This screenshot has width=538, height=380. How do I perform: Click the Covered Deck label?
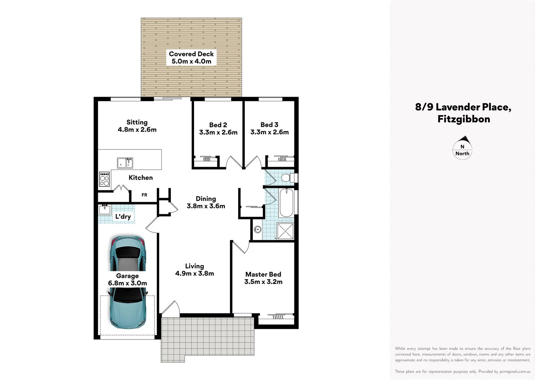tap(191, 54)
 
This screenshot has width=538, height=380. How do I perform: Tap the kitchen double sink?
tap(125, 163)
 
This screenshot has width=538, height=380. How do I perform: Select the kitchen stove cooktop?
tap(104, 179)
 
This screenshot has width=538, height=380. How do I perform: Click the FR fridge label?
tap(144, 195)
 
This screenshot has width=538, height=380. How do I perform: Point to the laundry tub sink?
tap(105, 210)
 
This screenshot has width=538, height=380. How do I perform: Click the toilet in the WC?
tap(287, 177)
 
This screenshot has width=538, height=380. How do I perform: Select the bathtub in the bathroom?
tap(286, 203)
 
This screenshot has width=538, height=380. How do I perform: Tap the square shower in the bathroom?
tap(285, 231)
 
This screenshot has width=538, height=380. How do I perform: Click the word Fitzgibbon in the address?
tap(463, 119)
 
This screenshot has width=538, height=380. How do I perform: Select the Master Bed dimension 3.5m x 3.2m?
tap(263, 282)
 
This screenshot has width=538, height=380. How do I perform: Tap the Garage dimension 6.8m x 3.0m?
tap(127, 283)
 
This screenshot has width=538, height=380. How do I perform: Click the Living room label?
tap(194, 266)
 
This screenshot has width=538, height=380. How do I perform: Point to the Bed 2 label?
tap(218, 125)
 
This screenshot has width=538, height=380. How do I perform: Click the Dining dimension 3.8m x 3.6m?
tap(206, 206)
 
